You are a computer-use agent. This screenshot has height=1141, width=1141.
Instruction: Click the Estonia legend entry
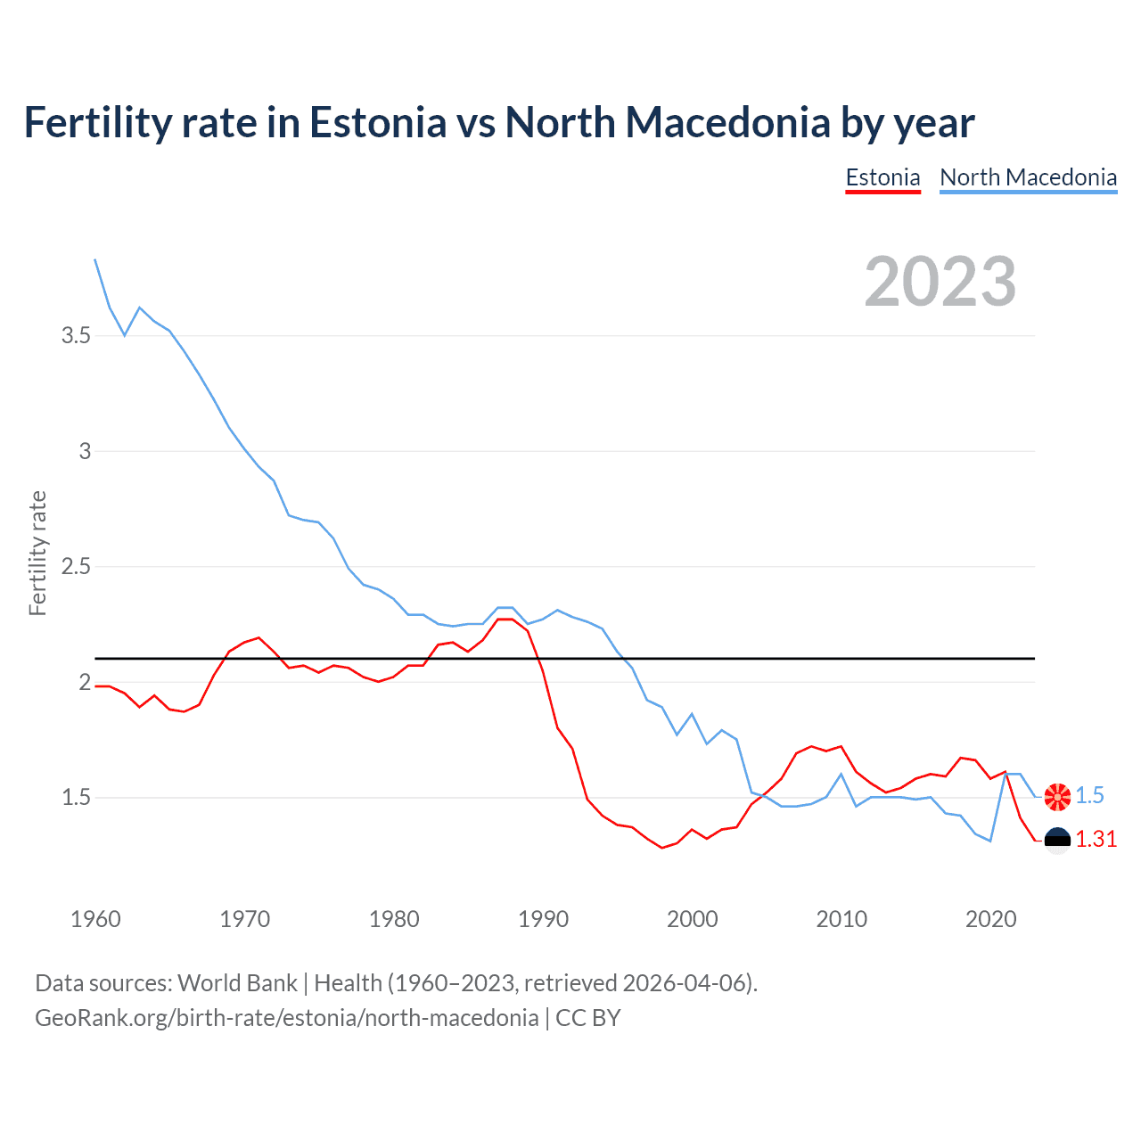point(882,177)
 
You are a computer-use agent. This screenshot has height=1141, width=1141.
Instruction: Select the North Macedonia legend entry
point(1028,177)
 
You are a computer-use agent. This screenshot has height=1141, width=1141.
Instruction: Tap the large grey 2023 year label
point(940,282)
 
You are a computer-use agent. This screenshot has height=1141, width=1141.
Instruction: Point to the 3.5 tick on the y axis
point(76,336)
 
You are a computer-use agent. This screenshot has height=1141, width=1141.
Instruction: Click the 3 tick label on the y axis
point(85,451)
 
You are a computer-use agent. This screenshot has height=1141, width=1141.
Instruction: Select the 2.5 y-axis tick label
point(76,567)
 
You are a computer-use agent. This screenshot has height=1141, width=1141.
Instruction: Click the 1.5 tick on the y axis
point(76,798)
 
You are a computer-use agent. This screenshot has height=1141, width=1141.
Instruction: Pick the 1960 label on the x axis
point(95,919)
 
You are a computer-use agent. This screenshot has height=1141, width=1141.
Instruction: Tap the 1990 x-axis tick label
point(543,919)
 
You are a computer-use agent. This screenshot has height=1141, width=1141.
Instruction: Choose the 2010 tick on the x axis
point(841,919)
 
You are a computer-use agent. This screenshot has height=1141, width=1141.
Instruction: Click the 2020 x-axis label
point(990,919)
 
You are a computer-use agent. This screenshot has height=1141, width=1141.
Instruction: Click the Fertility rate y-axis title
point(37,553)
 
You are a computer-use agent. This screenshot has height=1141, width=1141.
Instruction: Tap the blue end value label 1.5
point(1089,796)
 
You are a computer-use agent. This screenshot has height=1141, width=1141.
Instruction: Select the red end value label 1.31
point(1096,840)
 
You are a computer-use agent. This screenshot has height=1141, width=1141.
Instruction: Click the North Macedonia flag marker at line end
point(1057,797)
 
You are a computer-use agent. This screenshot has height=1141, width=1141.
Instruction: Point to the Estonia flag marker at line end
point(1057,841)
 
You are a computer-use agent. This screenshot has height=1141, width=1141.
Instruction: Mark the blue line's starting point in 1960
point(95,259)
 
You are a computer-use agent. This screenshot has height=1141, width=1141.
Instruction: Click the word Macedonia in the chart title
point(669,122)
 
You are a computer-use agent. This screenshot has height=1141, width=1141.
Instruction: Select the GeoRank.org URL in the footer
point(286,1018)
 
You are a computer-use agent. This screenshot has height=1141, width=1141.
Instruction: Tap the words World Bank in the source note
point(237,983)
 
